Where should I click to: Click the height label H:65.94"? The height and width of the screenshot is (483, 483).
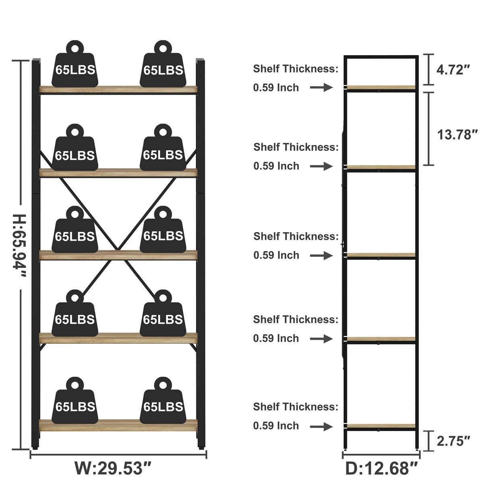20,246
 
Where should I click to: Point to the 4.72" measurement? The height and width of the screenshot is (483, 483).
453,70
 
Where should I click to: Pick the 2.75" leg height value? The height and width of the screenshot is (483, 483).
454,441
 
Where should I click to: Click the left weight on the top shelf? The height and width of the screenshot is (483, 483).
75,64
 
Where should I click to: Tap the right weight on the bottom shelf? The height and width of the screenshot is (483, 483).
163,400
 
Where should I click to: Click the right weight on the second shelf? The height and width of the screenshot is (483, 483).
163,147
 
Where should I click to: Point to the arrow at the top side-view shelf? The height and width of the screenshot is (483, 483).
321,87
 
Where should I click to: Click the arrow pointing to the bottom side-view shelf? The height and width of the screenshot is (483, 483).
321,426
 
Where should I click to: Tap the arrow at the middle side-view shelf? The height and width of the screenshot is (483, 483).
321,256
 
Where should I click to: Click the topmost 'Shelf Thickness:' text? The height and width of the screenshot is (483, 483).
296,68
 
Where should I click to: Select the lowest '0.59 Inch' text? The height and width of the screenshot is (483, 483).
276,425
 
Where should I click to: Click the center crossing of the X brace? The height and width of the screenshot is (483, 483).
117,250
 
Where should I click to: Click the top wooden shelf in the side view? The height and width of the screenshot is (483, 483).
381,87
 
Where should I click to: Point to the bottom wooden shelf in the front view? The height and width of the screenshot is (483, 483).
118,425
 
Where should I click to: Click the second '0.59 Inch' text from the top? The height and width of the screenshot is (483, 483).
276,166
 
